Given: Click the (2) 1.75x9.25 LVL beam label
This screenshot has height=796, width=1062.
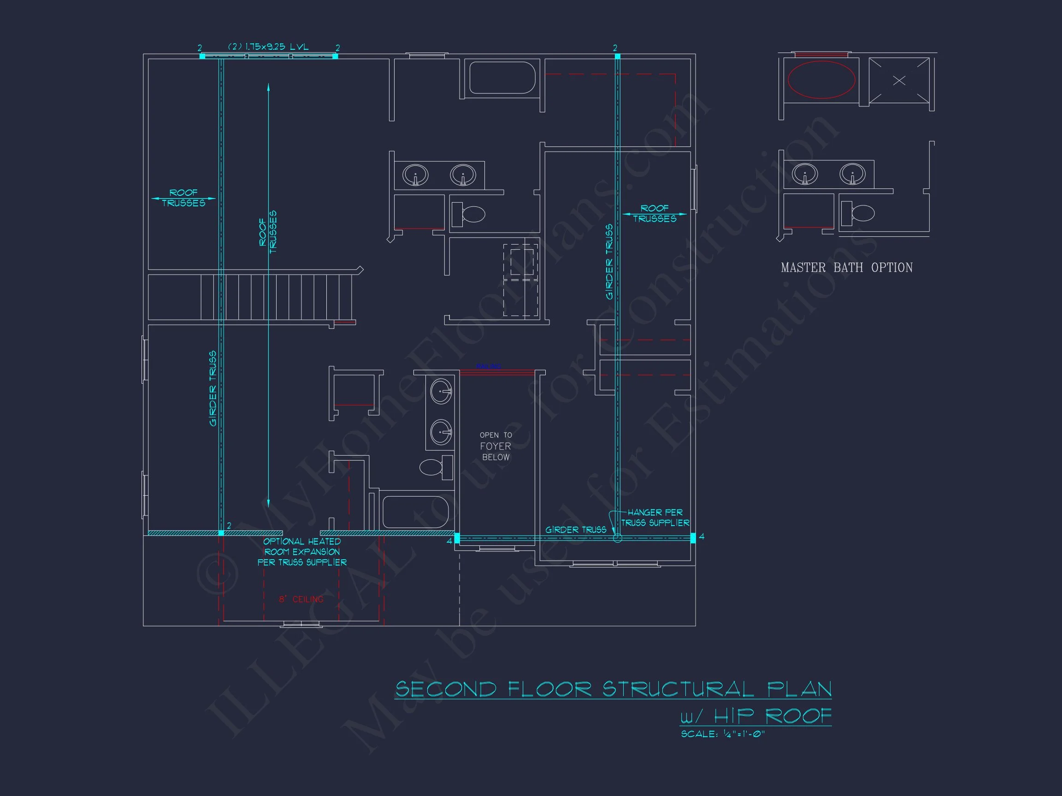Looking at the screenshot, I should coord(268,47).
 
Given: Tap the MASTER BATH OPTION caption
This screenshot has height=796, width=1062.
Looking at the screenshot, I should coord(846,267).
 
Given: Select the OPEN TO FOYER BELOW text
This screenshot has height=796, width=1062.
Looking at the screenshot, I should coord(496,446).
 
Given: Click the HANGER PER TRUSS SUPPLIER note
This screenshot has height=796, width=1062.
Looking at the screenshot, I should coord(655,517).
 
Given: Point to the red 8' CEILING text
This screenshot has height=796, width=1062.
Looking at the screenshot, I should coord(301,599).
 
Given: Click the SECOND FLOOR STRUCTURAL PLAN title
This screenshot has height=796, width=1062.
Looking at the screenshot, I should coord(613,689).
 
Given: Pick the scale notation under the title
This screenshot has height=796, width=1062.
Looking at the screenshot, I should coord(723,734).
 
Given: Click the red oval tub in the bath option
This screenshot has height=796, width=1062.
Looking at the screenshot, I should coord(821,80).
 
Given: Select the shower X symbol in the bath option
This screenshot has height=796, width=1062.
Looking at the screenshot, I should coord(899,81).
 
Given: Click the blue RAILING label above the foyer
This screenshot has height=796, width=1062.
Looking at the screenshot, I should coord(488,367).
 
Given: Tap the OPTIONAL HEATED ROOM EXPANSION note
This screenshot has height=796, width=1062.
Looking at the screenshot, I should coord(302,552).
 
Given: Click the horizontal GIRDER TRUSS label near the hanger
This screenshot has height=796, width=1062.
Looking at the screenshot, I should coord(575,530).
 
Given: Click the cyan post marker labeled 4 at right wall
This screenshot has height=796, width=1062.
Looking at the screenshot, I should coord(693,538).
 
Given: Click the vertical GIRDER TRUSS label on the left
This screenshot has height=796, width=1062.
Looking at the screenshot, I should coord(212,388).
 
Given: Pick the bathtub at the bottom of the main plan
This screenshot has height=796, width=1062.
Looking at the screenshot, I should coord(415,512).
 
